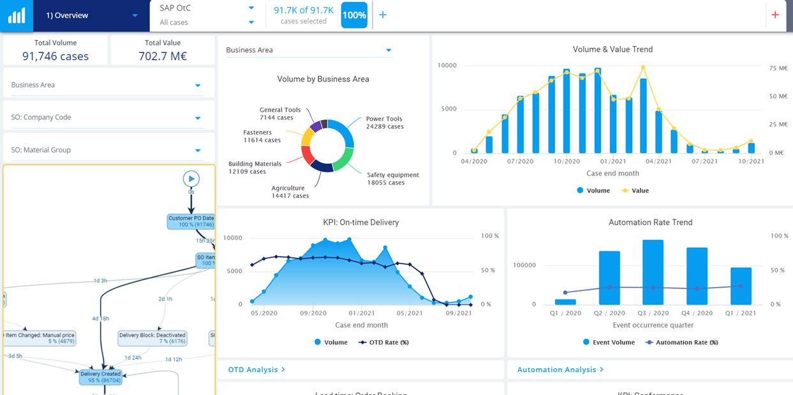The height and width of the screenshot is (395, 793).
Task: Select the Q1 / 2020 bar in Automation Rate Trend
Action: tap(565, 302)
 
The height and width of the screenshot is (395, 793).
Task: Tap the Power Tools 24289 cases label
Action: tap(384, 123)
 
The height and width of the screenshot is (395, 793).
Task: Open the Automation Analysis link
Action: tap(560, 369)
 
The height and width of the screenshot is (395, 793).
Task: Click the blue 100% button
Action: tap(354, 15)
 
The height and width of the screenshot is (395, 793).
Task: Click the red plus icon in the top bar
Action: tap(775, 15)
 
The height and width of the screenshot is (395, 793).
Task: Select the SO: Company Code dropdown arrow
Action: tap(198, 118)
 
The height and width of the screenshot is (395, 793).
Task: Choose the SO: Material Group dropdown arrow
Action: tap(198, 151)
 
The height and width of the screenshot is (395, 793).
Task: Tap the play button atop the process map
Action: tap(191, 179)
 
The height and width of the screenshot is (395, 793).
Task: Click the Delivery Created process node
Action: tap(101, 377)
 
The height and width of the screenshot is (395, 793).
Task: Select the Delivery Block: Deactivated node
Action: tap(152, 338)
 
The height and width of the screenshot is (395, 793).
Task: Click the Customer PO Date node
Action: tap(191, 221)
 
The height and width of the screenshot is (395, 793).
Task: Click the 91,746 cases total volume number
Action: tap(56, 56)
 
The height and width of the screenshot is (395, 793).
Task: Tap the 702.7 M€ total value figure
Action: tap(163, 56)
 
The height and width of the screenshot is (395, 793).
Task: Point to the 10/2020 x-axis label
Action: tap(567, 161)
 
